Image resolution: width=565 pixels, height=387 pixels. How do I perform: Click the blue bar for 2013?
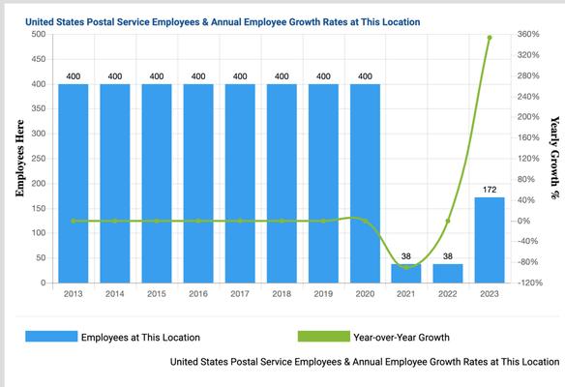pos(73,184)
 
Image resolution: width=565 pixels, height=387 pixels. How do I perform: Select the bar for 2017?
pos(240,184)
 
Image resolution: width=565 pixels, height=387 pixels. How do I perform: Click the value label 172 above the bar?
pos(490,189)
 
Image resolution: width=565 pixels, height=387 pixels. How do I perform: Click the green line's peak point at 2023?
pos(490,38)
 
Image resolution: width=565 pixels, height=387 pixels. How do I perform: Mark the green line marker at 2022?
pos(448,221)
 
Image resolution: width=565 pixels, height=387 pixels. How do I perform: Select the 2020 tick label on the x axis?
pos(365,293)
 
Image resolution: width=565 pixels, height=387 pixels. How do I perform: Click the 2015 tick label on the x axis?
pos(156,293)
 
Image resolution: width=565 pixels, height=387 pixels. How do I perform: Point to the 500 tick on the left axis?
pos(39,34)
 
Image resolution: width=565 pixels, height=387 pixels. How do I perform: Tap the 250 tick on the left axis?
pos(39,159)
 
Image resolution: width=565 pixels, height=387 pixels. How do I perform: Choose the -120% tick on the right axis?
pos(529,283)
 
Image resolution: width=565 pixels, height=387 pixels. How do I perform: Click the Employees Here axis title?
pos(18,159)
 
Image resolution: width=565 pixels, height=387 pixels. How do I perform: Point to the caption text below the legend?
pos(364,362)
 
